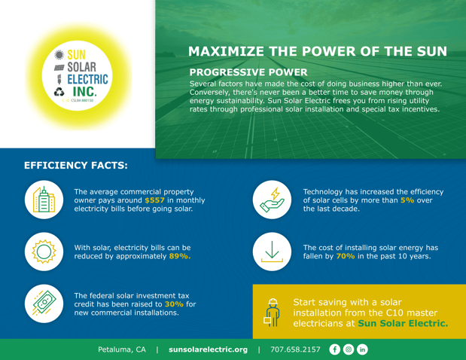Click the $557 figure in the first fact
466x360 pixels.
coord(133,201)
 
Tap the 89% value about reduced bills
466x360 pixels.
coord(180,255)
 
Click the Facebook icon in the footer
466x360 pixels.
coord(334,349)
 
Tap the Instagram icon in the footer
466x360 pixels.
coord(349,349)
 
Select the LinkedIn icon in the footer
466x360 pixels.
coord(362,349)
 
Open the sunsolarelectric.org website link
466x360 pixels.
coord(208,349)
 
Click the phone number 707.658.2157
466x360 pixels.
coord(295,349)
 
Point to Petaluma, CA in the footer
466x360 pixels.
coord(122,349)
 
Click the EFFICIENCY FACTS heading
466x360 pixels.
coord(76,163)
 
